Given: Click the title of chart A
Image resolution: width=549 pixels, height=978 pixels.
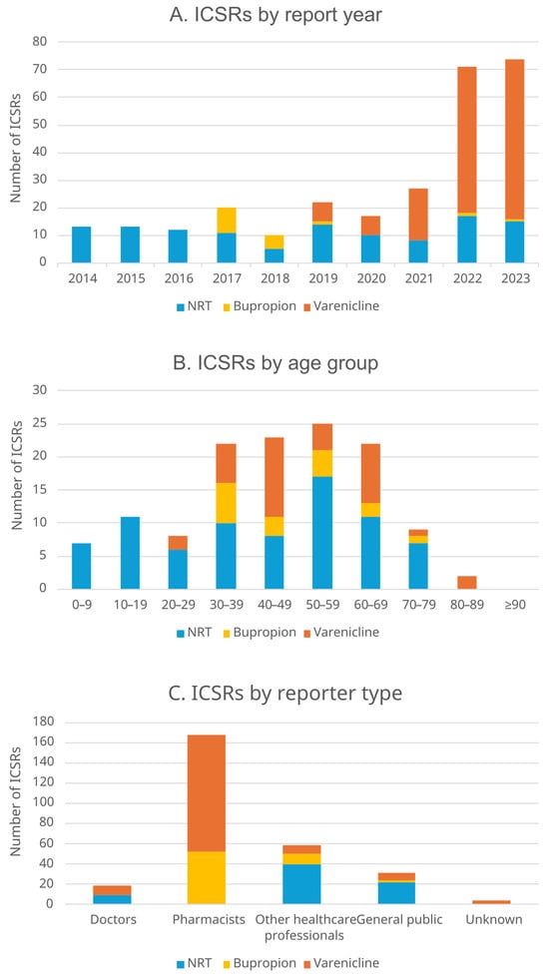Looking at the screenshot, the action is pos(275,15).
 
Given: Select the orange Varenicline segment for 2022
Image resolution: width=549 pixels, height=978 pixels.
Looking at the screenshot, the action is pos(467,140).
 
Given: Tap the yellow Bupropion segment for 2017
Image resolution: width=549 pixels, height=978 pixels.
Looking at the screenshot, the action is pos(227,221).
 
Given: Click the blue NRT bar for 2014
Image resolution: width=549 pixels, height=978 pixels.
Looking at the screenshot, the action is pos(82,244).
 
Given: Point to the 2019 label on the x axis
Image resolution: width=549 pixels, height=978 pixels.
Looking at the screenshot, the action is pos(322,278).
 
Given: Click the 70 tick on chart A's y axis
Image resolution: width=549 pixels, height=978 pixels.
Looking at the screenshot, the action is pos(41,69).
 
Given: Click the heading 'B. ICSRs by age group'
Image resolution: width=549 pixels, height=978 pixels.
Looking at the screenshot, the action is pos(275,363).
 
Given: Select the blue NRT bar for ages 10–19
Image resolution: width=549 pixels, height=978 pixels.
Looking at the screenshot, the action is pos(130,553).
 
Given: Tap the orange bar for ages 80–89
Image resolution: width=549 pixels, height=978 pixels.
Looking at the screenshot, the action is pos(467,583).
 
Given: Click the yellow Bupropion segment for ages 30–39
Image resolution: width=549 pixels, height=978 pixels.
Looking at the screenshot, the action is pos(227,503).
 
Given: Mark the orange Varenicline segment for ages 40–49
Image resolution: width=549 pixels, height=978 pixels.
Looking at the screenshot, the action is pos(274,477).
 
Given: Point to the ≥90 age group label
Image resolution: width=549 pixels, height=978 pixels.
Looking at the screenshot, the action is pos(515,605).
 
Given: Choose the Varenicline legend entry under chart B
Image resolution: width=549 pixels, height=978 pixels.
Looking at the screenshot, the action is pos(339,633).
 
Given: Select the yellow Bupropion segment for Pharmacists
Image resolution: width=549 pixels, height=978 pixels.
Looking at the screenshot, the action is pos(207,877).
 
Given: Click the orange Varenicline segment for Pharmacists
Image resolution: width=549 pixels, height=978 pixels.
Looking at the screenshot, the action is pos(207,793).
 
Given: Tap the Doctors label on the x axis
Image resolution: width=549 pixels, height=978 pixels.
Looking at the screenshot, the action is pos(112,920).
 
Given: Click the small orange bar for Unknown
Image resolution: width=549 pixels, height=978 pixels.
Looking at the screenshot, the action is pos(491,902).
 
